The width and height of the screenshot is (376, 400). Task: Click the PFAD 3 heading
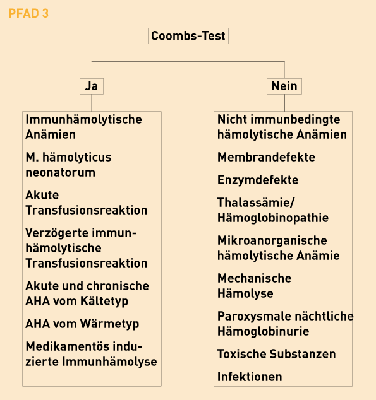[x=28, y=13]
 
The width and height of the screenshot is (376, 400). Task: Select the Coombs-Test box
[x=188, y=36]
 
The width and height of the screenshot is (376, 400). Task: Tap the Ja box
[x=92, y=86]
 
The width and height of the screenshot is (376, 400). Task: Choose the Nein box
[x=284, y=86]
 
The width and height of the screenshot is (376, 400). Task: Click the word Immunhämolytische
[x=84, y=119]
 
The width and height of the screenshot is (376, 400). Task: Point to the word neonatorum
[x=61, y=172]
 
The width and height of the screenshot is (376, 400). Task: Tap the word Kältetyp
[x=104, y=302]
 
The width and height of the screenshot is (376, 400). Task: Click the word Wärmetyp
[x=109, y=324]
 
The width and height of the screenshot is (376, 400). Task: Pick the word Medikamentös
[x=67, y=346]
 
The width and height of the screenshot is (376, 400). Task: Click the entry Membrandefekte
[x=266, y=157]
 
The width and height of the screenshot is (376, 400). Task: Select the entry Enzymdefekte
[x=258, y=180]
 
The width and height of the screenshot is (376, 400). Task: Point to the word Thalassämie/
[x=256, y=203]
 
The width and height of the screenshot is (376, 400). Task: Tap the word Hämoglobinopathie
[x=273, y=218]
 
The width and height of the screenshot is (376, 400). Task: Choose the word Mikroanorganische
[x=272, y=240]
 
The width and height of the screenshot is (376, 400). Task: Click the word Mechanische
[x=255, y=278]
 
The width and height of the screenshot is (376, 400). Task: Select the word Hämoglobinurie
[x=264, y=332]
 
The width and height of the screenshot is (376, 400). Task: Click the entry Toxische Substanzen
[x=277, y=354]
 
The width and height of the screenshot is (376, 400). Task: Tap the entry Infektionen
[x=250, y=377]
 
